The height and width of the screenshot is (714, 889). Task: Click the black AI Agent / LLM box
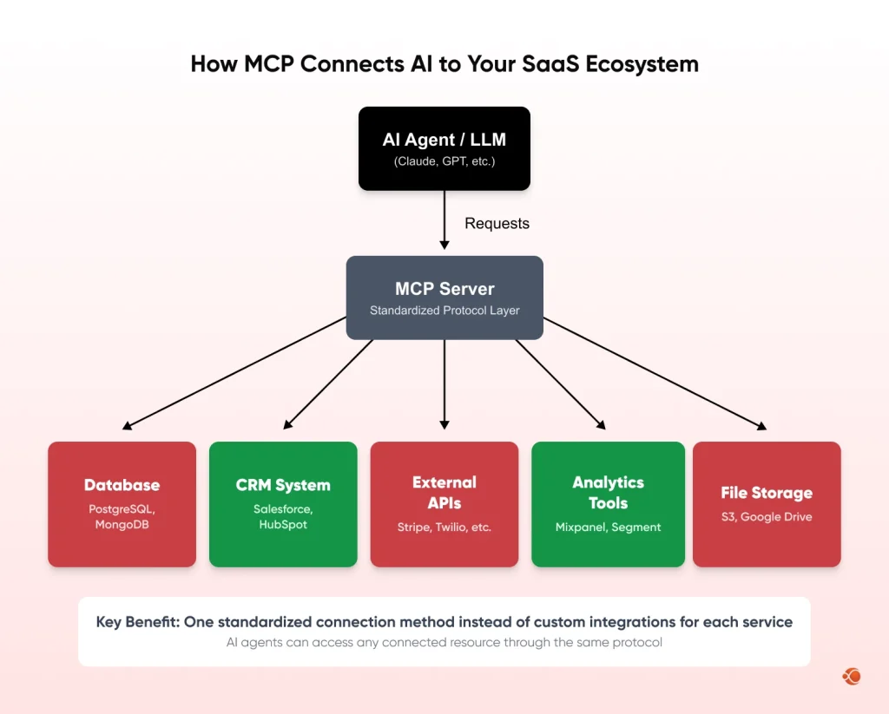click(x=444, y=148)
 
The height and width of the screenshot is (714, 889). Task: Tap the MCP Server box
click(x=444, y=298)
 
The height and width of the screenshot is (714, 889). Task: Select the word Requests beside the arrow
click(x=497, y=224)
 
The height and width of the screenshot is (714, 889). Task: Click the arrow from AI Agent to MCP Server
click(x=444, y=221)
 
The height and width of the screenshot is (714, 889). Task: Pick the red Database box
click(x=122, y=504)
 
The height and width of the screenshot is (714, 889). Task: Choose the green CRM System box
click(x=283, y=504)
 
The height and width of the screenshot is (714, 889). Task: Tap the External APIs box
click(x=444, y=504)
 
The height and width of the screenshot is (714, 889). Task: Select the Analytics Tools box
click(x=608, y=504)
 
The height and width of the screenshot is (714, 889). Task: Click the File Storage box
click(x=767, y=504)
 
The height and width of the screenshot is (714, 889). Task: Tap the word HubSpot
click(x=283, y=525)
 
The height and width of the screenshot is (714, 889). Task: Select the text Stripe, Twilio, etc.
click(x=444, y=527)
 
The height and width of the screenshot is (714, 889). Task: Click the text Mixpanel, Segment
click(x=608, y=527)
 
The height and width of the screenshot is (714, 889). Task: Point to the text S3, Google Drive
click(x=767, y=517)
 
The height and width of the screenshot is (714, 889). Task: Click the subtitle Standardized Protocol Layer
click(x=444, y=311)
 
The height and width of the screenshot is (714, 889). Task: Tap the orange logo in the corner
click(x=851, y=676)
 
